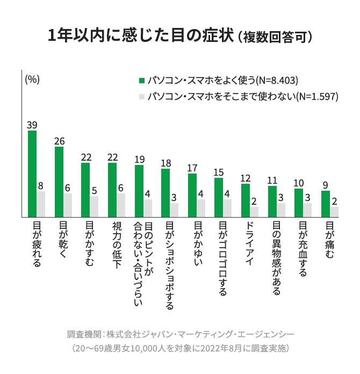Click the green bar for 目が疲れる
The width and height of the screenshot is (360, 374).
(32, 173)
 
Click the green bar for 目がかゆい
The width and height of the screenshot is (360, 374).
(192, 195)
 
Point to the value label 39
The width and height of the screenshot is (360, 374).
(32, 125)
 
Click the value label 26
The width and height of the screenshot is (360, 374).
(59, 141)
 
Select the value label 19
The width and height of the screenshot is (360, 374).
(139, 159)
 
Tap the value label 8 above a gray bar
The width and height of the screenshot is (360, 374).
(41, 186)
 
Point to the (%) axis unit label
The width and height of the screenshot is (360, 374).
(32, 78)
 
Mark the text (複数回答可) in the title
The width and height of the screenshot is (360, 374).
(275, 38)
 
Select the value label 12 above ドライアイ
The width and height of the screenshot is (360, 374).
(246, 178)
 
